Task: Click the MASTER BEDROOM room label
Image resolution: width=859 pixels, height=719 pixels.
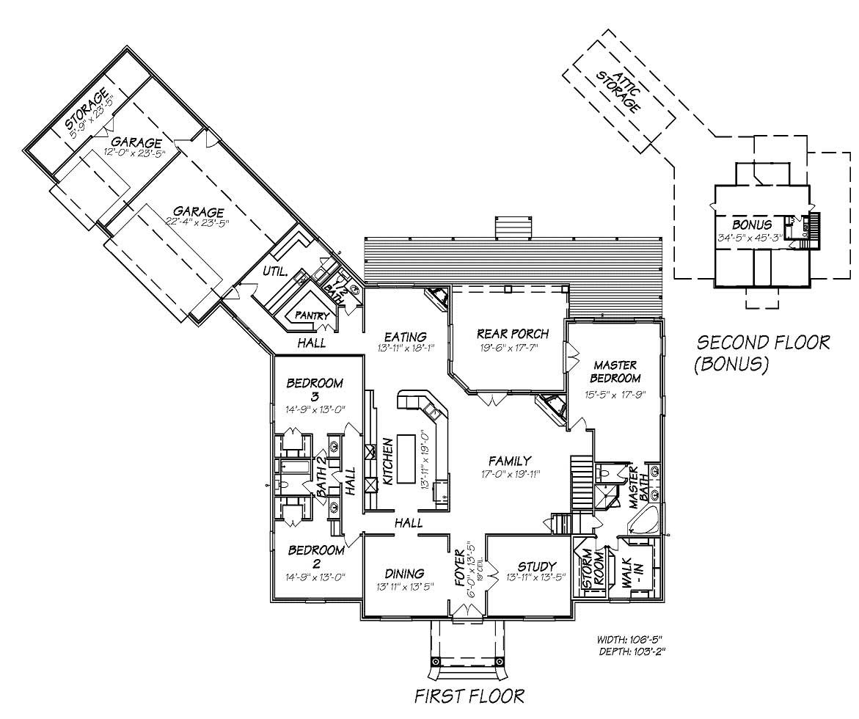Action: point(615,371)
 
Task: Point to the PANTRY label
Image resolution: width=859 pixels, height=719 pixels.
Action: point(312,315)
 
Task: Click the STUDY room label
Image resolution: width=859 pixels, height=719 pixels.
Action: point(537,566)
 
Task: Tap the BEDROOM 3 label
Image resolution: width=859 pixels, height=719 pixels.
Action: point(315,390)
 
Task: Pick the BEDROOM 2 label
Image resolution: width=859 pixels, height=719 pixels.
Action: point(315,556)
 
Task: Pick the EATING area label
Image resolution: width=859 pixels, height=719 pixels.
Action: point(401,337)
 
